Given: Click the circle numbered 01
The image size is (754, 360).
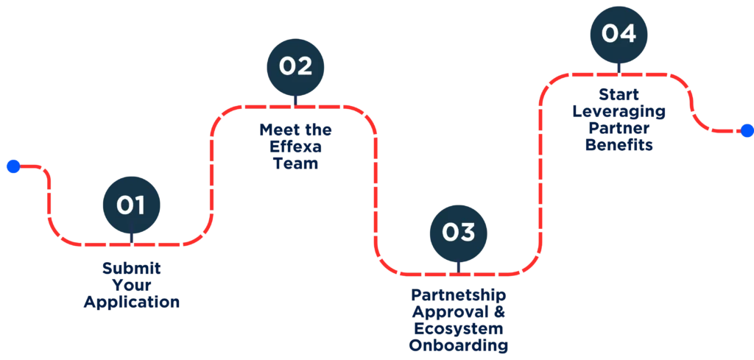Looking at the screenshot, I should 132,204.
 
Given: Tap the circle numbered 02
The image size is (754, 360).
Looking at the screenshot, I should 295,66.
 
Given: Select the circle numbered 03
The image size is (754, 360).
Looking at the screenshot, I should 458,232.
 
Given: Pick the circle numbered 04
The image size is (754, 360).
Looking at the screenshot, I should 619,33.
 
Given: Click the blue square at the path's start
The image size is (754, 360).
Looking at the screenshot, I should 12,167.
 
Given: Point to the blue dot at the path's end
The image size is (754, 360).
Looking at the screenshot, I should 747,131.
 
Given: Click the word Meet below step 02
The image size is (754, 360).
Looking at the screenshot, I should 275,130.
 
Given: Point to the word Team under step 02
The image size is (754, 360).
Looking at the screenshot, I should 295,164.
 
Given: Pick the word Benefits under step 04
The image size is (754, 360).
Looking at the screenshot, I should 619,146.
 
